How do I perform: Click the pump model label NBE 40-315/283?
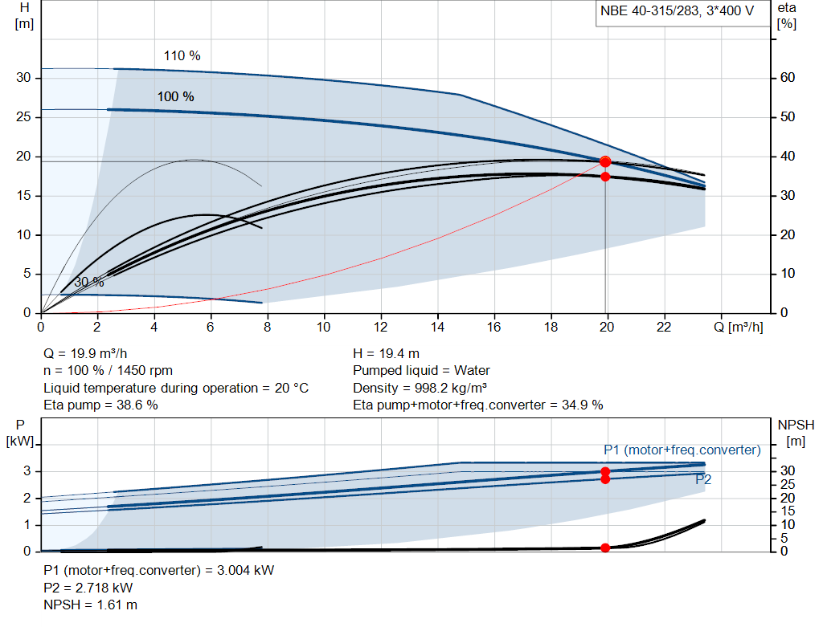click(678, 11)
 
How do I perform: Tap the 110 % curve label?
click(182, 56)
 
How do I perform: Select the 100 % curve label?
click(175, 96)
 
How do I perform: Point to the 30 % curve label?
click(88, 283)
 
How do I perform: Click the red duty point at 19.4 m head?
click(605, 161)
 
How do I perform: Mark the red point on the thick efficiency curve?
click(605, 177)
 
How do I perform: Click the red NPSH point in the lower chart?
click(605, 548)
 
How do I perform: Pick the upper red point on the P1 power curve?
click(605, 472)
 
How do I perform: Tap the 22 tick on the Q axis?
click(664, 327)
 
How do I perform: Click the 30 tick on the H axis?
click(23, 78)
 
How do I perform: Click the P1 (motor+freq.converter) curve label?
click(682, 450)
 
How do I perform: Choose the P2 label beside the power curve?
click(703, 479)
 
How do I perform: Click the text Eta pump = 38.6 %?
click(100, 405)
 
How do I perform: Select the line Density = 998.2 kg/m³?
click(420, 388)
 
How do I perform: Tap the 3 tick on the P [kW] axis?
click(27, 471)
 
